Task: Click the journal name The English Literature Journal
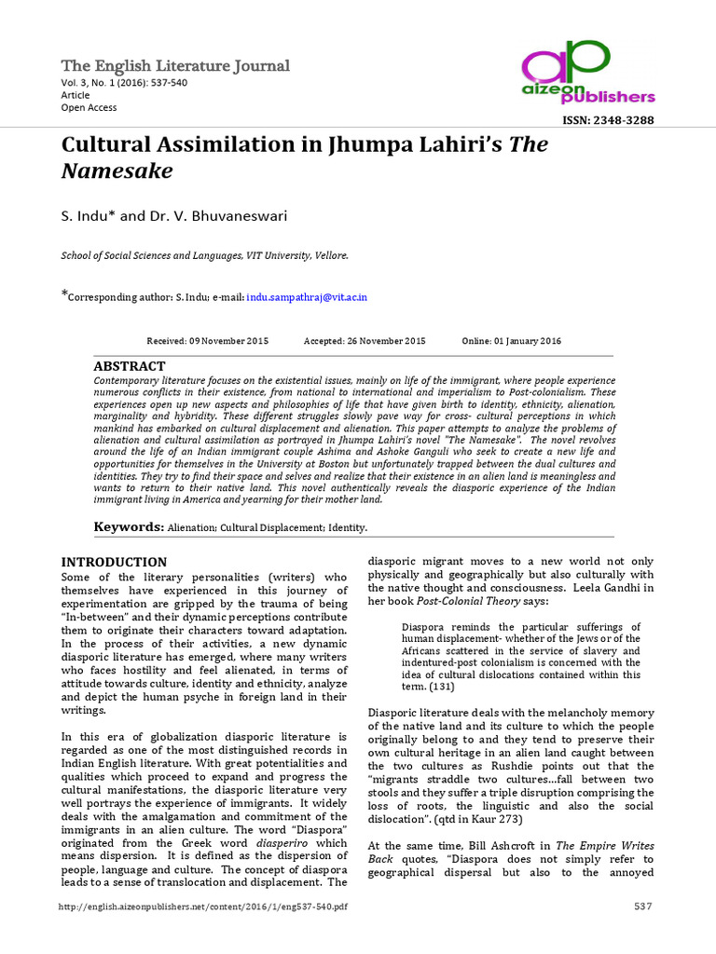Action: pyautogui.click(x=175, y=65)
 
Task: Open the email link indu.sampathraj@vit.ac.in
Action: pyautogui.click(x=307, y=296)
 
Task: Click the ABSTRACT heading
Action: pyautogui.click(x=130, y=366)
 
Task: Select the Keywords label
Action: pyautogui.click(x=128, y=527)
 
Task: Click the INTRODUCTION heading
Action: pyautogui.click(x=114, y=562)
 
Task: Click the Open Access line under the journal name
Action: pyautogui.click(x=89, y=107)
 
